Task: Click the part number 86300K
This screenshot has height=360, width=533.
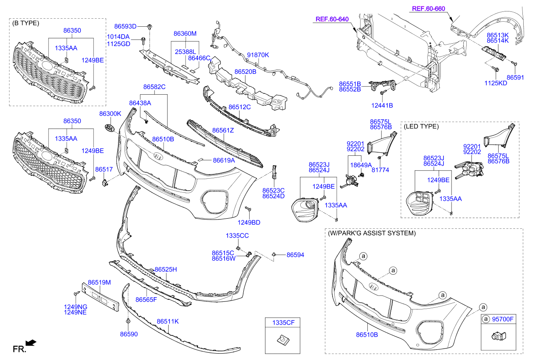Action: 110,114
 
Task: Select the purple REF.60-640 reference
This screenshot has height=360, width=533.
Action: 332,19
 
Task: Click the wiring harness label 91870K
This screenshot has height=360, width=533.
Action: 258,55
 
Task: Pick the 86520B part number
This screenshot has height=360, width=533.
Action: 245,72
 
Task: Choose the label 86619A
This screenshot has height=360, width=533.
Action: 224,160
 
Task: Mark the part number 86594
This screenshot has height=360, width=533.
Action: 295,255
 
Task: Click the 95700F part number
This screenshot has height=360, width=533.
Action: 503,319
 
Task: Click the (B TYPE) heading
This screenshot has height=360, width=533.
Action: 26,23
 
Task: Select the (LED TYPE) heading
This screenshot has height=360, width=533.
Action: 421,126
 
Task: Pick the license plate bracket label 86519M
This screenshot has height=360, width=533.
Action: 99,282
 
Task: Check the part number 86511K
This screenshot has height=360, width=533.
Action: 168,321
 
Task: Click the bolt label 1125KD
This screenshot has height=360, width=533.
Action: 496,83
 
